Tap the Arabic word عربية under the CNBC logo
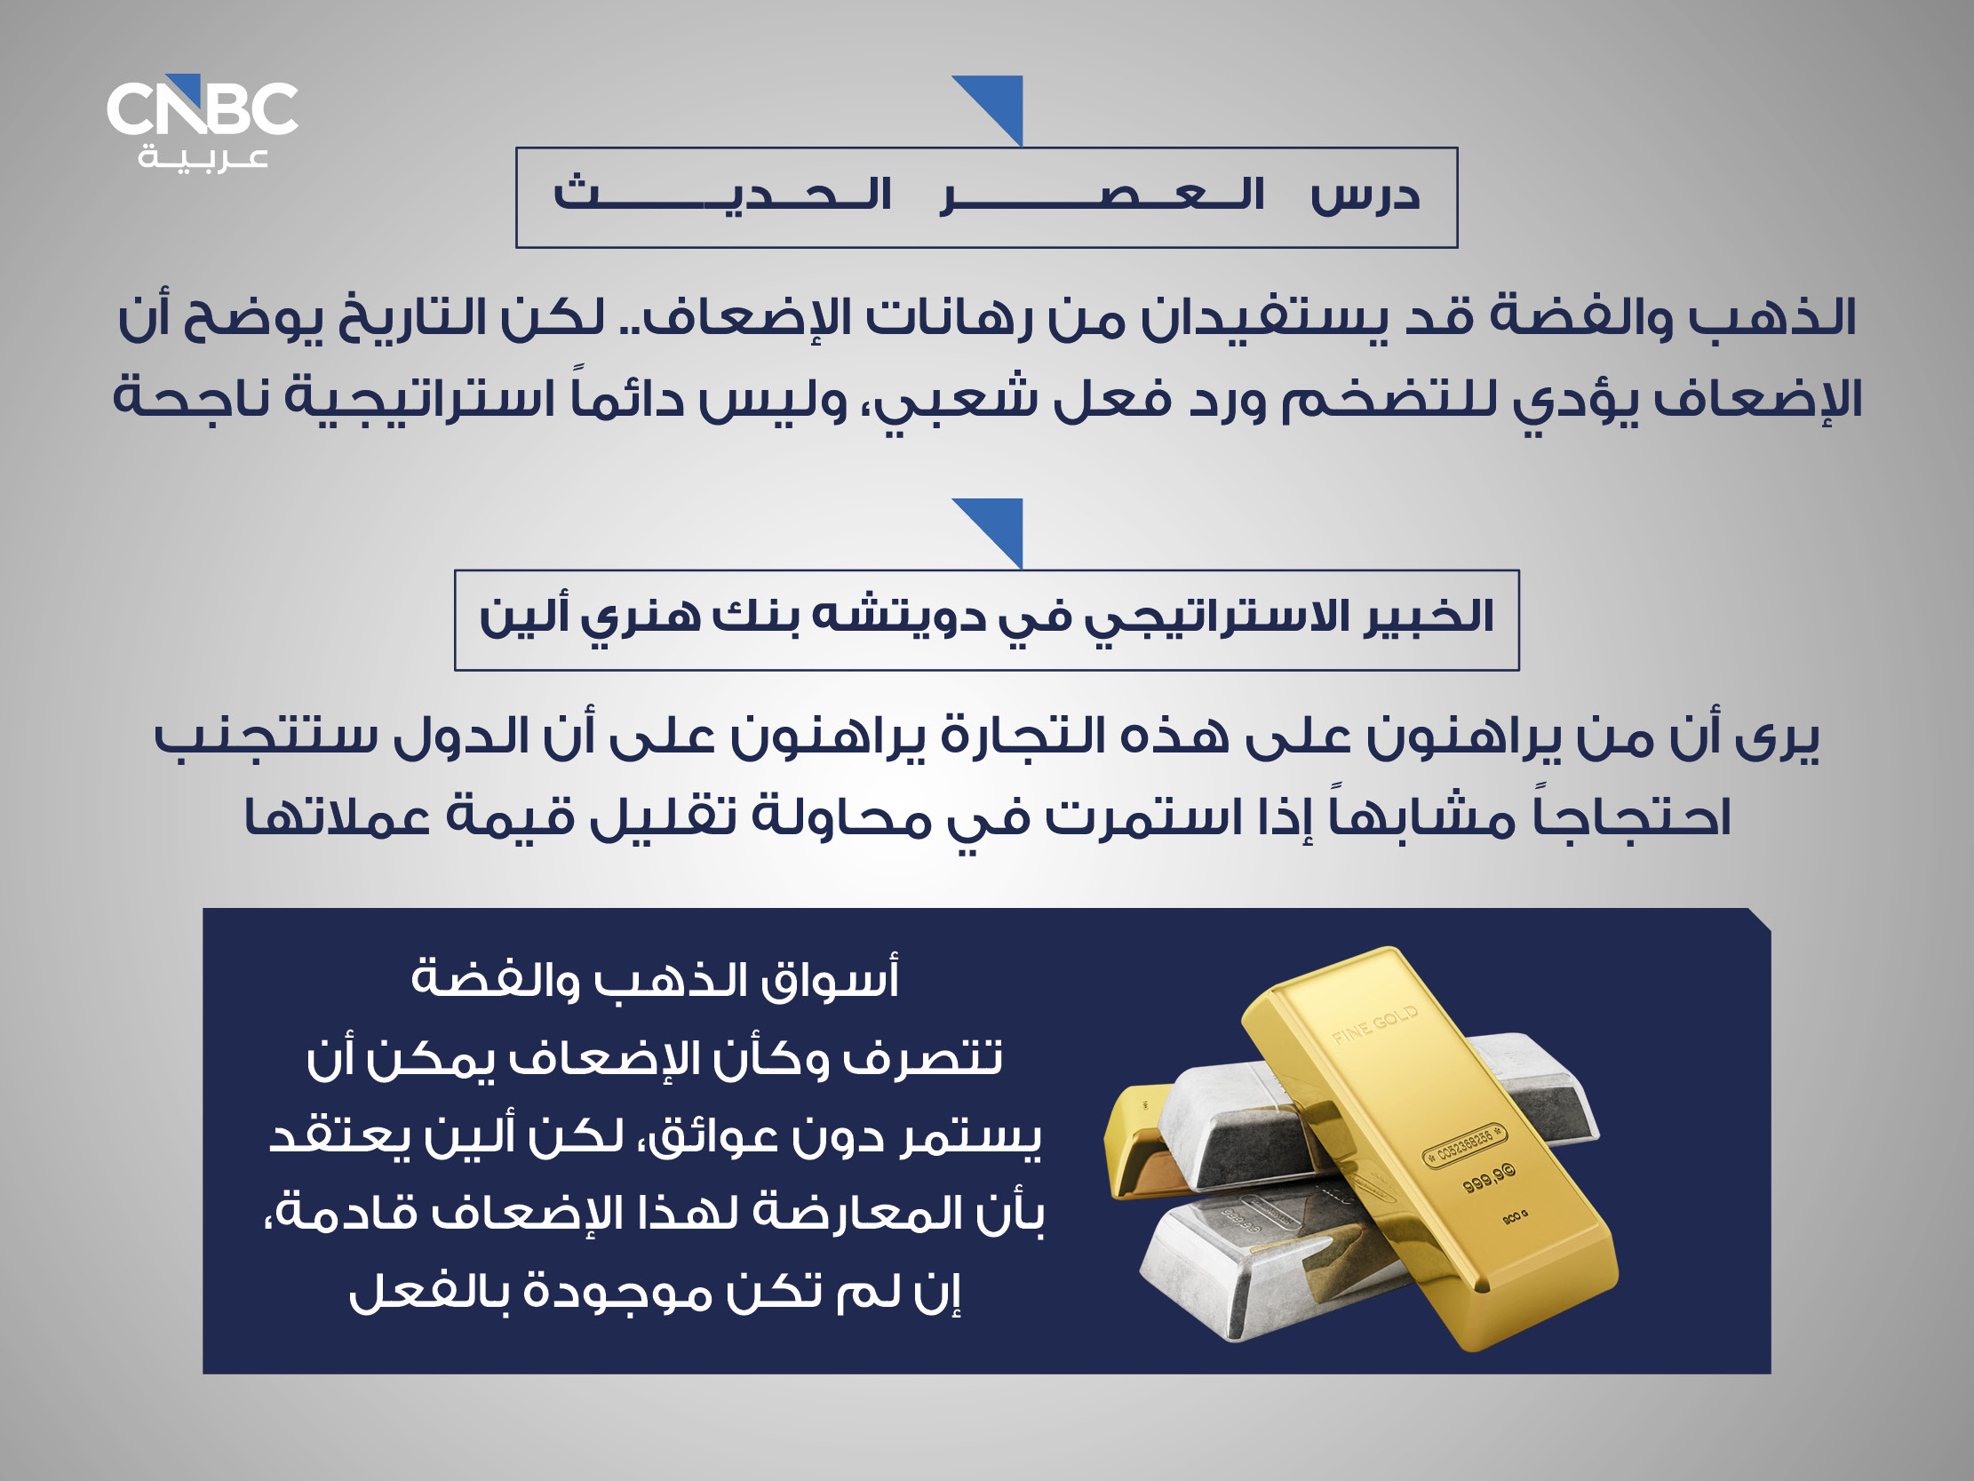[203, 158]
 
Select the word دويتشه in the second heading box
[901, 617]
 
